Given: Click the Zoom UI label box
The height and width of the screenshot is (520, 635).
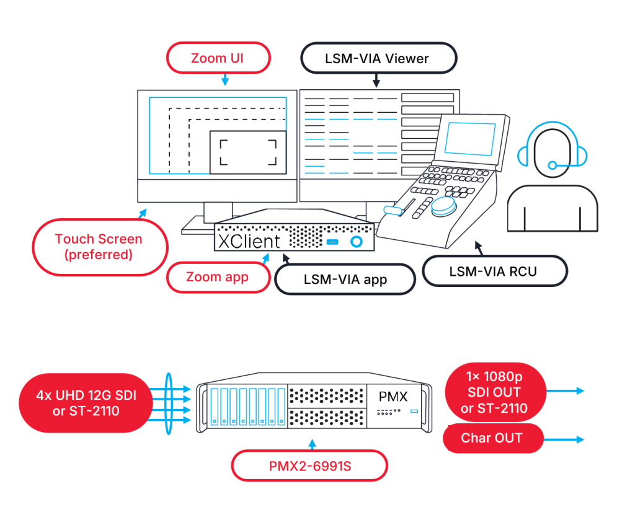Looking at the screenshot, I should pos(218,59).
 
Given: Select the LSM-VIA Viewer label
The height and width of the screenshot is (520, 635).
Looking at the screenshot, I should pos(377,59).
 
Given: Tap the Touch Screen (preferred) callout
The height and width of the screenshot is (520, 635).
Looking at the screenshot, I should pos(99,247).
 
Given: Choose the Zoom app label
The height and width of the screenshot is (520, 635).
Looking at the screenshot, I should pos(218,277).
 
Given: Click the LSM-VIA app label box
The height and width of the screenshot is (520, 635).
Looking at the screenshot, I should pos(345,279).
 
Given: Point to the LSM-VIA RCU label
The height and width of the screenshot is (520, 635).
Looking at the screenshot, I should pos(494,271).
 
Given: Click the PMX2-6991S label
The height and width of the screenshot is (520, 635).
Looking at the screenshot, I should pos(309,465).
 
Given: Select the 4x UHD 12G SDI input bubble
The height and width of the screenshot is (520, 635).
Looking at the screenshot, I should pos(86,403).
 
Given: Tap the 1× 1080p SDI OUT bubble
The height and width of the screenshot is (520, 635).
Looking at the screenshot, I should pos(494,392).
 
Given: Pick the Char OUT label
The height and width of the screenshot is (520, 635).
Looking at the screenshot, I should pos(492,438).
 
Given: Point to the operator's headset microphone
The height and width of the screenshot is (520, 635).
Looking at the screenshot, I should pos(553,165).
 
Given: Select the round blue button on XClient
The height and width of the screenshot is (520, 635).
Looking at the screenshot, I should pos(356,240).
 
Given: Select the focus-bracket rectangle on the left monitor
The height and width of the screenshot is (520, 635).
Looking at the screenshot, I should pos(247,152).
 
